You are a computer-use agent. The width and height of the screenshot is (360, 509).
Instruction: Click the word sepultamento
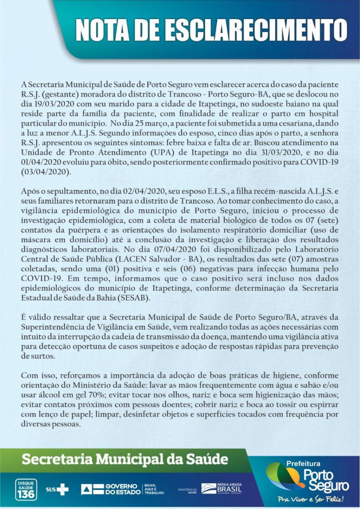point(62,191)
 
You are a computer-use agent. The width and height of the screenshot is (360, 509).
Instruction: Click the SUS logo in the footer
point(57,489)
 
